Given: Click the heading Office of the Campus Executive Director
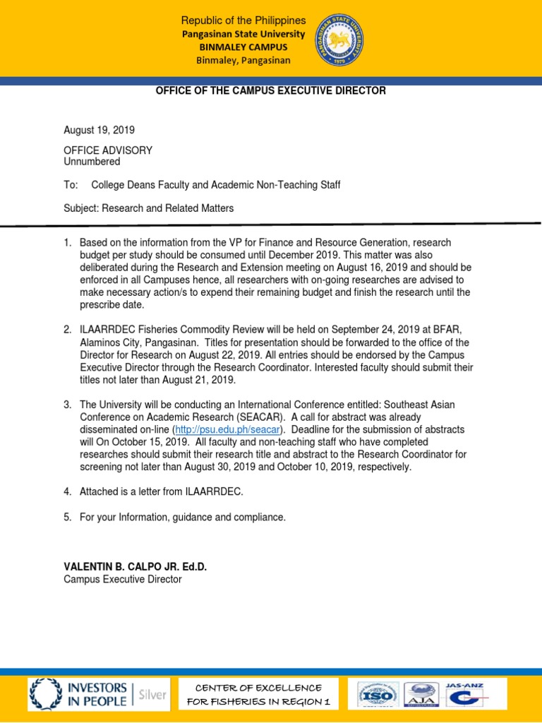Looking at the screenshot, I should (271, 91).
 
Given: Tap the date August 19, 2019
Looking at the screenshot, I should (99, 131).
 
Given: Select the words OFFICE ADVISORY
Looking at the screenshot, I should (108, 150).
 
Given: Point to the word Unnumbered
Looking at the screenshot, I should (92, 161).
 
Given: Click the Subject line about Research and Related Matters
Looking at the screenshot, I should (148, 208).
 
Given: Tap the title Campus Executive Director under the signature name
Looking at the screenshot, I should (122, 579).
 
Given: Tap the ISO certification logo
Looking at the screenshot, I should (378, 695).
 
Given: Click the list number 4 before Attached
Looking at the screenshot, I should (67, 492).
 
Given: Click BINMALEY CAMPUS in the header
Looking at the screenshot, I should (243, 47).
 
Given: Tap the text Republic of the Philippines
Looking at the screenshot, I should (243, 20).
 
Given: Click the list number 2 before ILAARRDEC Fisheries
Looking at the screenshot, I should (67, 330).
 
